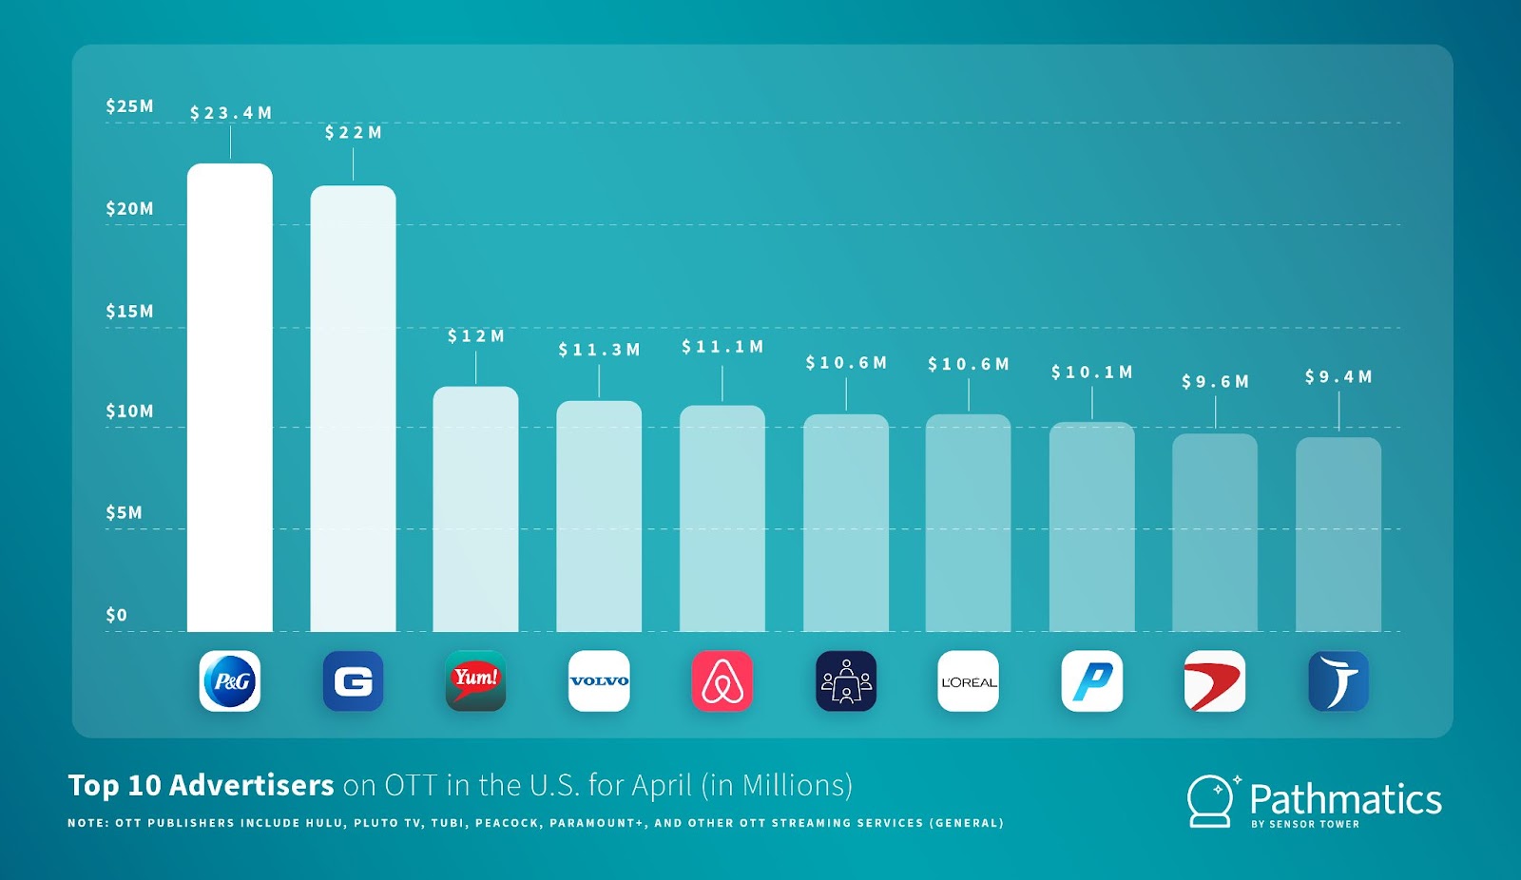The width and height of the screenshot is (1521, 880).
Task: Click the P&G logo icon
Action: point(230,681)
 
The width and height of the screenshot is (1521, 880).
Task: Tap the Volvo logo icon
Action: point(599,681)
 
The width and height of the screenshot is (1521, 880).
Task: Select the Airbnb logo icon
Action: point(722,681)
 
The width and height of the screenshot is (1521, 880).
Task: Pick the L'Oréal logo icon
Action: point(969,681)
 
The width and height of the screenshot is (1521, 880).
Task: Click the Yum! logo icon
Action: point(475,681)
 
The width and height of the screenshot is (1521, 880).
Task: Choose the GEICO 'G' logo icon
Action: point(353,681)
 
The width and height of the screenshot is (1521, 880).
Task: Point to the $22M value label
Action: point(354,133)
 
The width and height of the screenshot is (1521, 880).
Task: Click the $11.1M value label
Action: point(722,347)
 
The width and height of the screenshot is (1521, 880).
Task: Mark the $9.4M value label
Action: point(1338,377)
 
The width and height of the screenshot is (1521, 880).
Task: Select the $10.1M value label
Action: point(1092,373)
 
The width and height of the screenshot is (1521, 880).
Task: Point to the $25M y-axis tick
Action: point(130,106)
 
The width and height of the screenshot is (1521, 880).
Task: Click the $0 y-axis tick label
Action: point(117,616)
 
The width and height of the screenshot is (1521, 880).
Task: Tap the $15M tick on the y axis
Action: point(130,312)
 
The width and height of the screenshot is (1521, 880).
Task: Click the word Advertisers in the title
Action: point(252,786)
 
